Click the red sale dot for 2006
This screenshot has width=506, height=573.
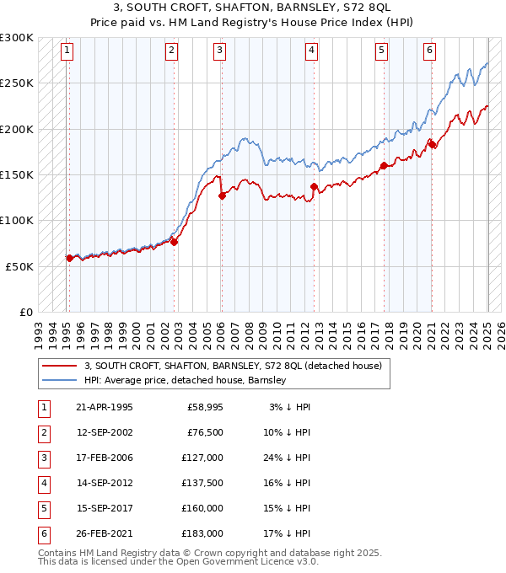[x=222, y=195]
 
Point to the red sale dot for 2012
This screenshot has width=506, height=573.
[x=313, y=186]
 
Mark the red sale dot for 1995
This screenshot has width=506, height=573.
[x=69, y=258]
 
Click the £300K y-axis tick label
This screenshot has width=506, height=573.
[x=17, y=38]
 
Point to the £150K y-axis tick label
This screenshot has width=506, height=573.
[x=17, y=174]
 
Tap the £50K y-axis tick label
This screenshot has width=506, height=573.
[x=20, y=265]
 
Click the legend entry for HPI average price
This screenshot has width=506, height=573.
[x=186, y=380]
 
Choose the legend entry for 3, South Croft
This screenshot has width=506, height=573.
[x=233, y=366]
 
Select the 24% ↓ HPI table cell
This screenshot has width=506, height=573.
[x=292, y=459]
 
